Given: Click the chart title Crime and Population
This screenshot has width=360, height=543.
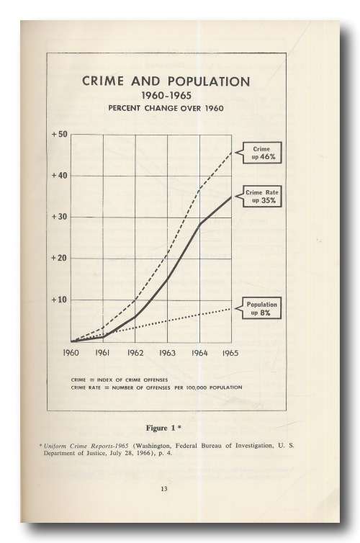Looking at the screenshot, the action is (x=166, y=81).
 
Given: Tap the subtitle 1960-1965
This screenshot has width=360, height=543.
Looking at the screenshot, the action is (x=166, y=95).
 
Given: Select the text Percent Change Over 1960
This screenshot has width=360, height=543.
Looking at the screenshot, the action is (x=166, y=108).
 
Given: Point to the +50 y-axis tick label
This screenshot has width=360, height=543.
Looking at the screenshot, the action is (x=60, y=135).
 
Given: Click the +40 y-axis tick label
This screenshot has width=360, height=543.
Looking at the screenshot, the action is (x=60, y=176).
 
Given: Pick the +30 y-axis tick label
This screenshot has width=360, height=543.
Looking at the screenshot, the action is (x=60, y=217).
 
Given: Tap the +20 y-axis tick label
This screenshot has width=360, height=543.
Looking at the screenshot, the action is (x=60, y=259).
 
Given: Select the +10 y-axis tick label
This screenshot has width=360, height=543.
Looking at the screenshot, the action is (x=60, y=300).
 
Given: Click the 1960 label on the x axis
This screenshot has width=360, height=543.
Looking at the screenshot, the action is (x=71, y=353).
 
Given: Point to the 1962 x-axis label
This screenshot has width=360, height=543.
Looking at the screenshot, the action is (x=135, y=353).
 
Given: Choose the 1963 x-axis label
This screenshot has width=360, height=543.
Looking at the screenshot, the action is (x=167, y=353).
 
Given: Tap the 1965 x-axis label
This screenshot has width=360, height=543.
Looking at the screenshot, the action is (x=230, y=353).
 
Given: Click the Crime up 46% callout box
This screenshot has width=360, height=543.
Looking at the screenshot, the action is (x=262, y=153).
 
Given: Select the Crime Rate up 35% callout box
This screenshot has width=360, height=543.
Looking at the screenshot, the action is (x=262, y=197).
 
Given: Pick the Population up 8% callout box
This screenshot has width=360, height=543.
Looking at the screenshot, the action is (x=261, y=308).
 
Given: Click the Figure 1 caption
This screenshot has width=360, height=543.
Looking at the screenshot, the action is (x=163, y=428).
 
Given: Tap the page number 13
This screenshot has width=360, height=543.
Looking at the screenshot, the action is (x=164, y=489).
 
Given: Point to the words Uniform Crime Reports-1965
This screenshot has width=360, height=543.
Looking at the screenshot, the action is (x=86, y=446).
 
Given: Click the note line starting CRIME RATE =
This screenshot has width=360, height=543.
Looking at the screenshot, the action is (x=156, y=387).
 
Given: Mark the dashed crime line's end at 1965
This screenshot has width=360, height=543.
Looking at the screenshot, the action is (x=231, y=152).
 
